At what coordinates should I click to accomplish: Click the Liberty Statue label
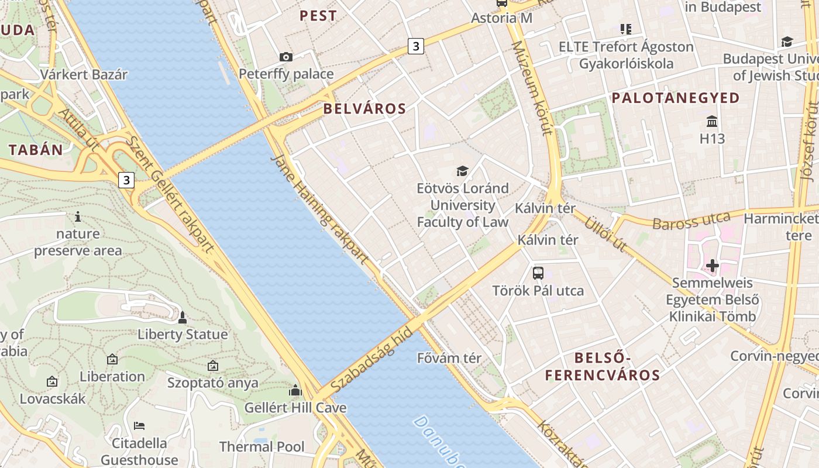183,335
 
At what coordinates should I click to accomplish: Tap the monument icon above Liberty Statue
182,318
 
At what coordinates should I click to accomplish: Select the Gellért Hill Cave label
295,408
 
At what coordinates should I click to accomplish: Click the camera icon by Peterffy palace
286,57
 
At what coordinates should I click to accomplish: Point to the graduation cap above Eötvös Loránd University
462,171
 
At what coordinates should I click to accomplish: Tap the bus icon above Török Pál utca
538,273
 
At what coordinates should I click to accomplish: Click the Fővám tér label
449,358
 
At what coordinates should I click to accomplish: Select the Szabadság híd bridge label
371,361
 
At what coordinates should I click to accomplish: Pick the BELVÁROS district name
364,109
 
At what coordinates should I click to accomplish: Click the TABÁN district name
36,150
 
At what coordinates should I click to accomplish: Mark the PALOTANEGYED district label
676,98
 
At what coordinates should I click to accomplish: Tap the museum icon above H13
712,122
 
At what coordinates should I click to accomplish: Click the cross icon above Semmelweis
712,266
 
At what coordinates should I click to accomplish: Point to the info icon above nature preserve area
78,217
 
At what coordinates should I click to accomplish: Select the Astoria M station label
502,18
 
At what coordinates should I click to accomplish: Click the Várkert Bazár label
84,75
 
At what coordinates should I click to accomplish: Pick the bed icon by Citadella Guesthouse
139,425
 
